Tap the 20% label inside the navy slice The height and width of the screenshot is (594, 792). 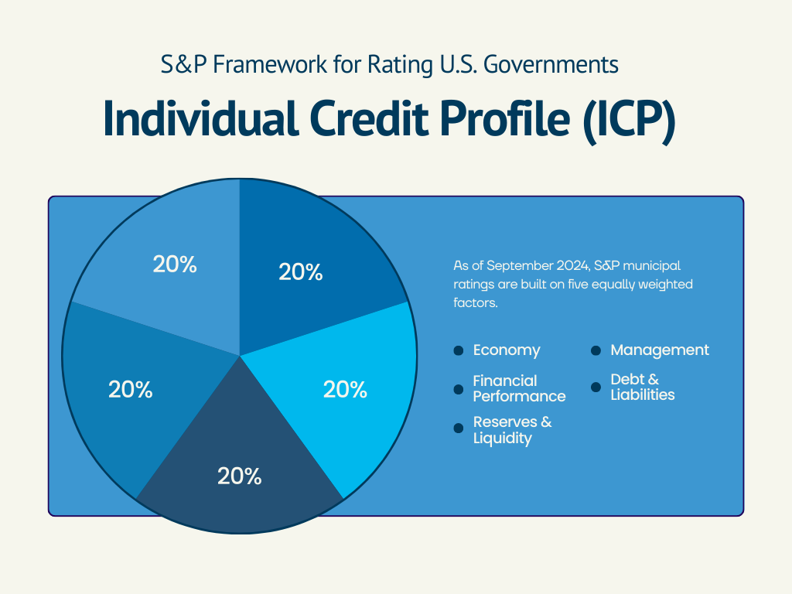pos(240,476)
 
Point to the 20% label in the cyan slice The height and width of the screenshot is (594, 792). pos(345,390)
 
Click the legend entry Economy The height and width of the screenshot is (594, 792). pos(507,350)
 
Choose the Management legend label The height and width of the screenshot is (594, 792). pos(660,350)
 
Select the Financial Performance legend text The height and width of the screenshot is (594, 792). pos(519,388)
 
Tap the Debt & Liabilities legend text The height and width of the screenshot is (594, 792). pos(643,387)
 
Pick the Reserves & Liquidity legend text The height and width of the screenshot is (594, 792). pos(512,430)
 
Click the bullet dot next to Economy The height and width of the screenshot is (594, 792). pos(459,350)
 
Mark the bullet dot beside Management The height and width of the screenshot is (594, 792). pos(596,350)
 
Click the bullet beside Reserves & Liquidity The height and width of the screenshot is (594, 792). pos(459,428)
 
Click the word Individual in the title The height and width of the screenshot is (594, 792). pos(200,118)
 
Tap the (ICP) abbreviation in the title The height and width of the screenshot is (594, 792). pos(629,121)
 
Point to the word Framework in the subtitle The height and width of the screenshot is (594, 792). pos(270,65)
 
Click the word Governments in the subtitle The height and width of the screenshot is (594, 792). pos(551,65)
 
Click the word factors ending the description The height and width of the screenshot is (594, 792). pos(476,303)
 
